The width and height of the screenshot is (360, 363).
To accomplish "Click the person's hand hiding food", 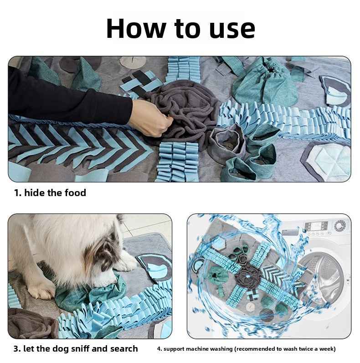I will pyautogui.click(x=152, y=118).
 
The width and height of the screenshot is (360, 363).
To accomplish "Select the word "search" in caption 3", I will pyautogui.click(x=121, y=349).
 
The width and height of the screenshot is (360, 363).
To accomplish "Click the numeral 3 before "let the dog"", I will pyautogui.click(x=16, y=349).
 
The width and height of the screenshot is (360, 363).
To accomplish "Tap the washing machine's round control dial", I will pyautogui.click(x=339, y=226).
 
